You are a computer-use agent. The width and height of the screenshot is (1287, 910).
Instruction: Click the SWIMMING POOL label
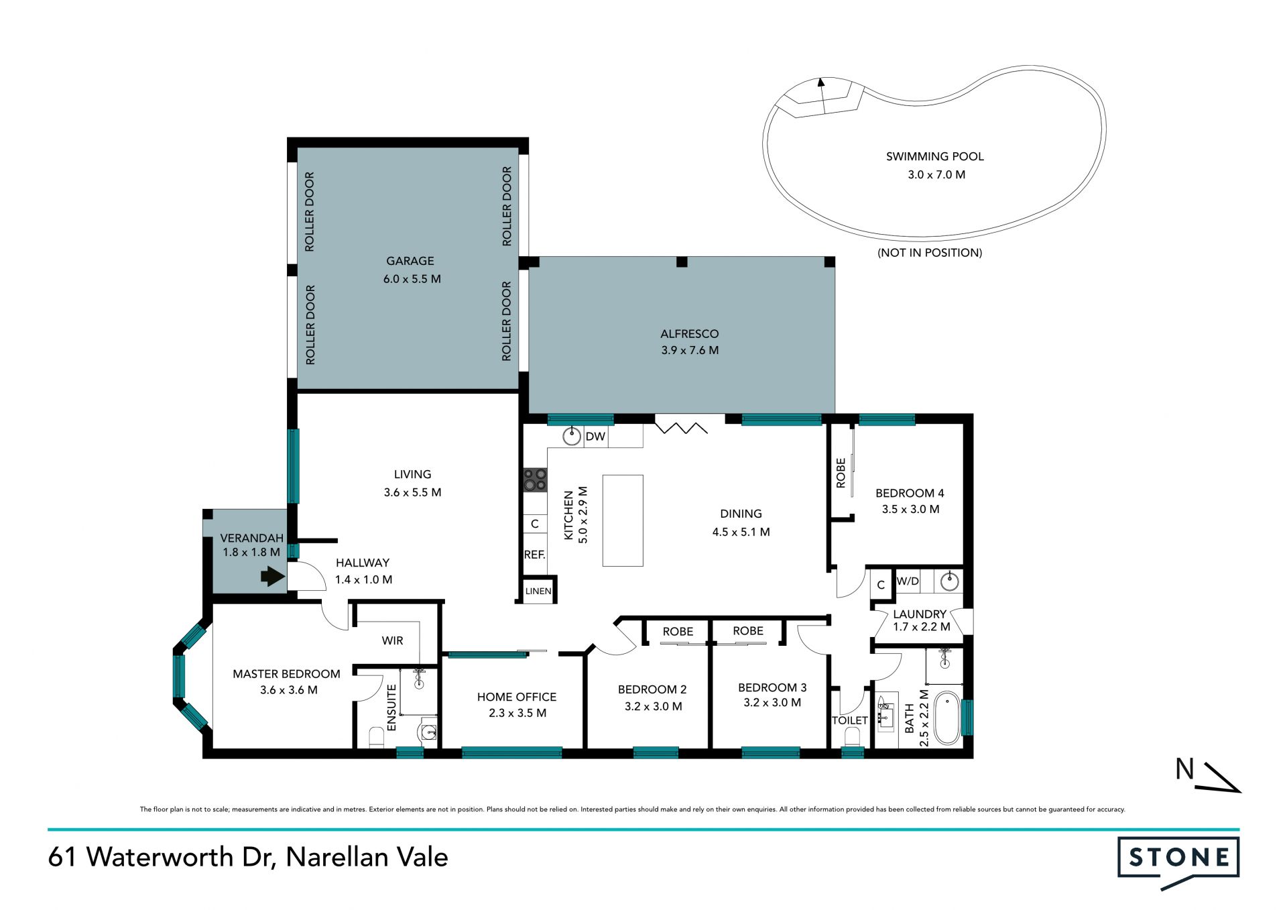coord(934,156)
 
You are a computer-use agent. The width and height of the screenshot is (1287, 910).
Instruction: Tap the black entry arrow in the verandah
coord(273,576)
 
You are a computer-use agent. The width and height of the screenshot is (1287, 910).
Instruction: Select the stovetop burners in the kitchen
coord(535,480)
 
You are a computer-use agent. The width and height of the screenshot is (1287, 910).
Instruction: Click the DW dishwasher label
coord(595,437)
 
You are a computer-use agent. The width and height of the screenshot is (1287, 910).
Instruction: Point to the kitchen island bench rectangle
coord(623,520)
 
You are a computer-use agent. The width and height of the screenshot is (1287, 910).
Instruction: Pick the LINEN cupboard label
coord(538,591)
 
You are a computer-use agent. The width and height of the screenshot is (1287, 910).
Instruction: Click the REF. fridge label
coord(534,555)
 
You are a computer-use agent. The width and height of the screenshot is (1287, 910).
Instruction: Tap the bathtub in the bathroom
coord(947,718)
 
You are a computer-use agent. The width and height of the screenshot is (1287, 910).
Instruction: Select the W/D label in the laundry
coord(908,581)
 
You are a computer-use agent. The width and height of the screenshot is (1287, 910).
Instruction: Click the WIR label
coord(392,640)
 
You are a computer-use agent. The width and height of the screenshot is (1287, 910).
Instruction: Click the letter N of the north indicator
coord(1185,769)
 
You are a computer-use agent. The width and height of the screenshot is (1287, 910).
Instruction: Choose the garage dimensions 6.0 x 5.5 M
coord(412,279)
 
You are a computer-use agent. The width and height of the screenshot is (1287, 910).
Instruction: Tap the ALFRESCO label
coord(689,333)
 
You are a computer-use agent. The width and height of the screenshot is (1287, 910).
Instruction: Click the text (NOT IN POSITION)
coord(930,253)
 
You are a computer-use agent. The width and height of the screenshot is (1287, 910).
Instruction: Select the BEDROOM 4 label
coord(910,493)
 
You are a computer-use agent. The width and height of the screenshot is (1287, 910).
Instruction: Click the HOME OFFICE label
coord(517,697)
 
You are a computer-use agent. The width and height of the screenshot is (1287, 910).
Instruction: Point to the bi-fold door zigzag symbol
coord(681,426)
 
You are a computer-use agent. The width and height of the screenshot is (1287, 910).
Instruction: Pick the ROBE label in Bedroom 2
coord(678,632)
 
